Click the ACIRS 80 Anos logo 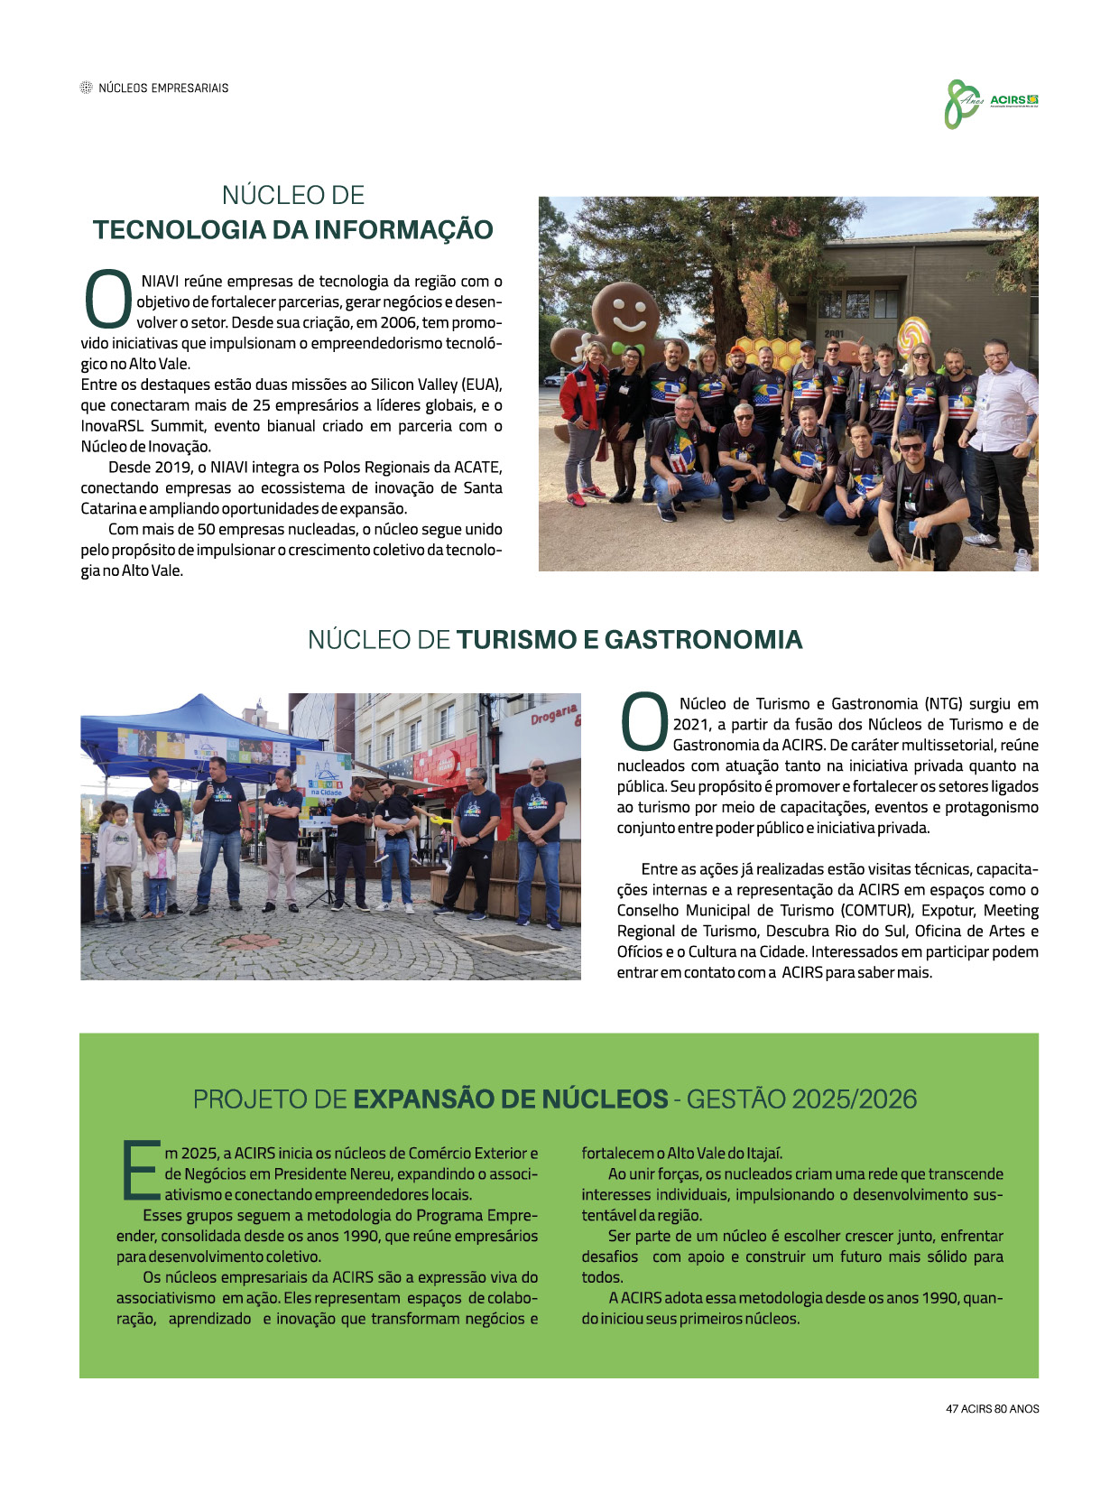(x=991, y=103)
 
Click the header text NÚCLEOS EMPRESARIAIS (x=163, y=88)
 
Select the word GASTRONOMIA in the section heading (x=703, y=639)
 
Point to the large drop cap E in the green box (x=138, y=1172)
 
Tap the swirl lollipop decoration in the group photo (x=912, y=334)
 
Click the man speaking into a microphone (x=219, y=830)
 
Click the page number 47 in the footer (x=951, y=1408)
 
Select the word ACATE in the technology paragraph (x=478, y=467)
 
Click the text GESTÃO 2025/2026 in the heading (x=801, y=1099)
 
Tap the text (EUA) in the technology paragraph (x=483, y=385)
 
